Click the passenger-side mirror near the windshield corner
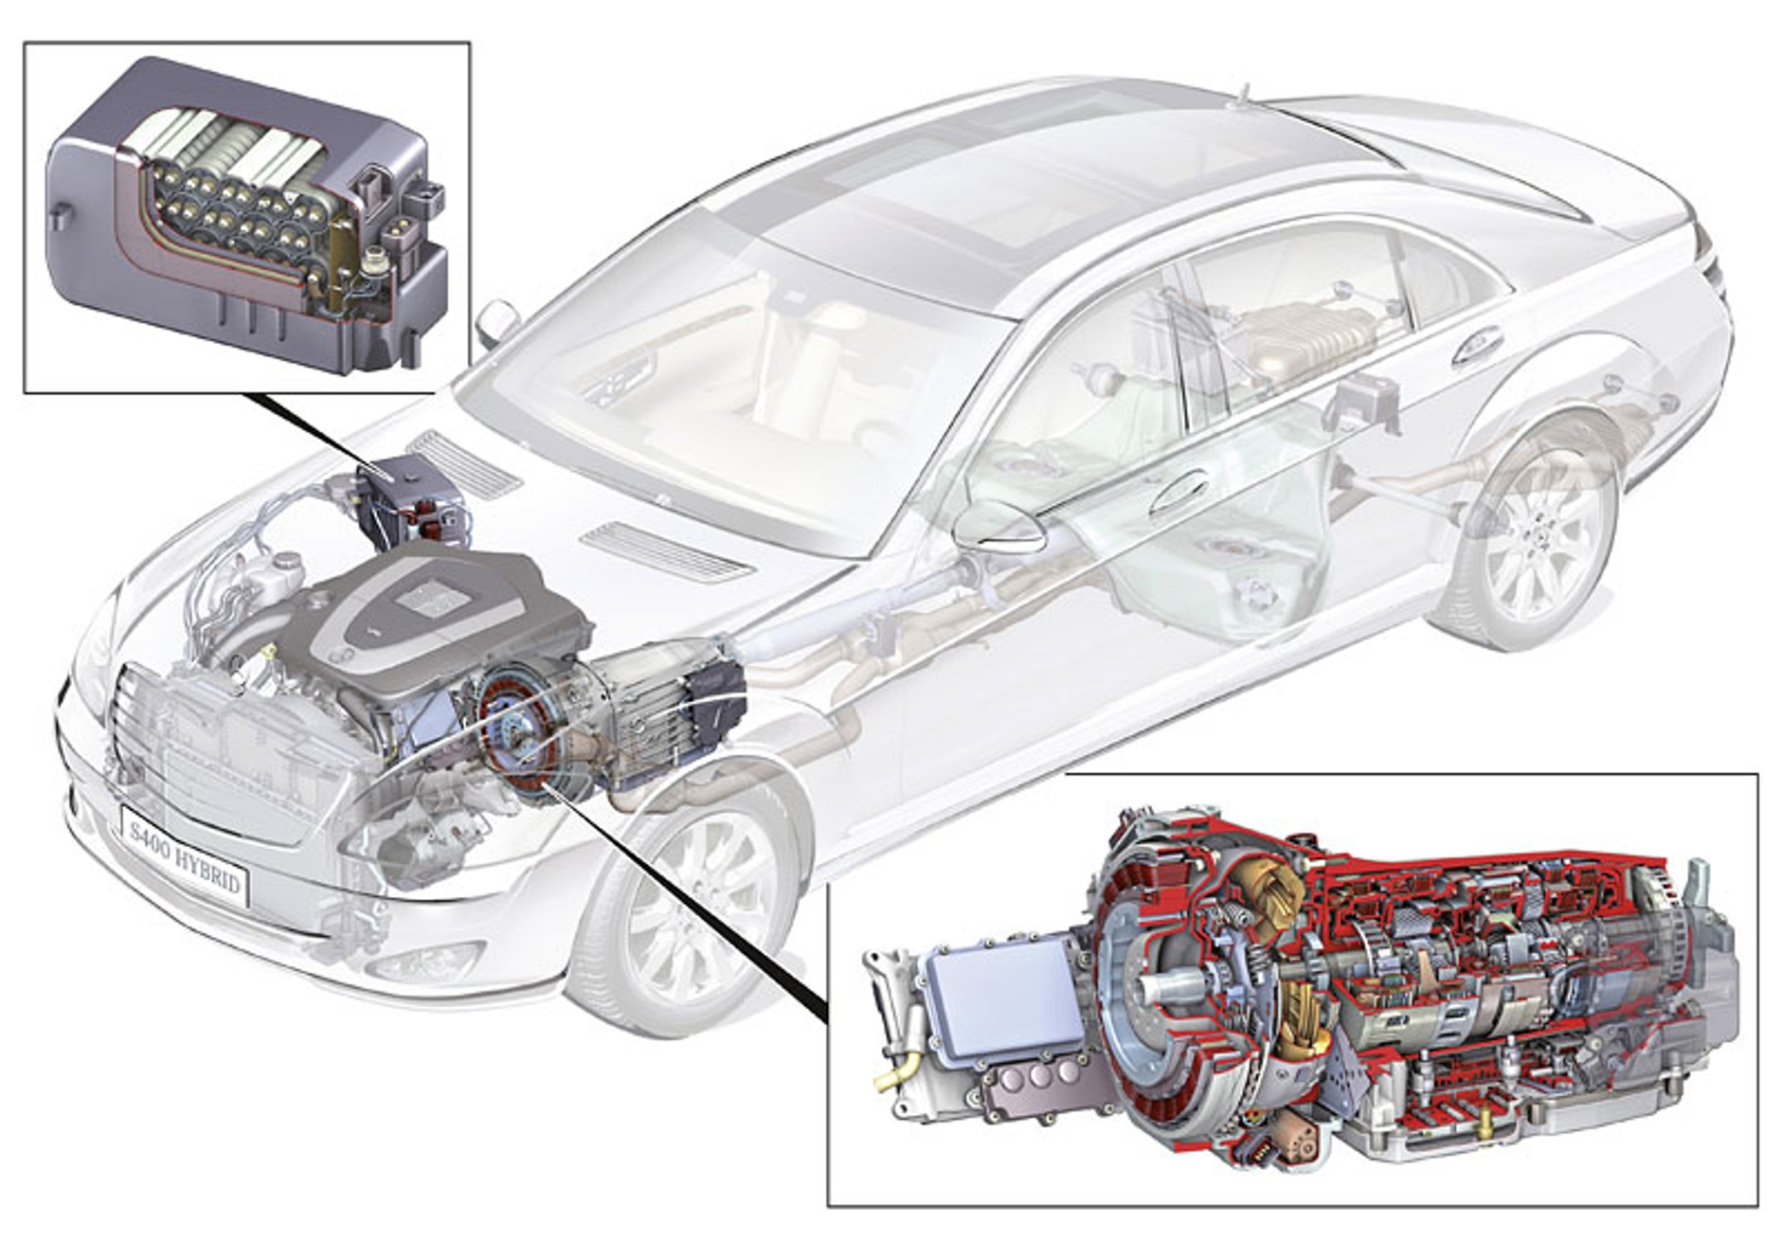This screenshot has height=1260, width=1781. pyautogui.click(x=495, y=323)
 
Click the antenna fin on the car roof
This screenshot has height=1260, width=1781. pyautogui.click(x=1242, y=93)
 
